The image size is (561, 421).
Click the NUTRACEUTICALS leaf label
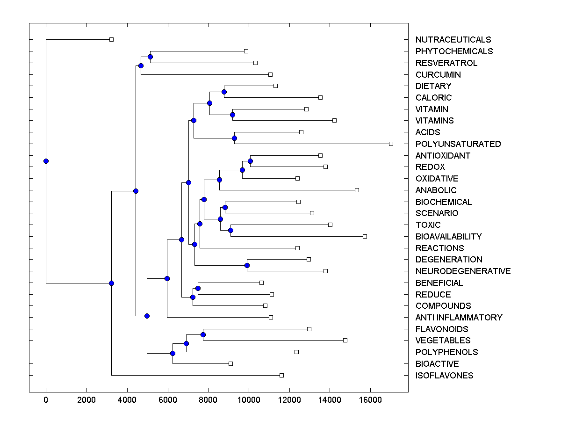click(x=453, y=40)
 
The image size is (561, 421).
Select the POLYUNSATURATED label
click(x=458, y=144)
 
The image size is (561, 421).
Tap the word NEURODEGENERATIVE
click(x=463, y=271)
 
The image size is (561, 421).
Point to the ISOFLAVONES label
click(x=444, y=376)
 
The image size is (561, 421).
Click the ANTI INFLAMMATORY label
click(x=459, y=318)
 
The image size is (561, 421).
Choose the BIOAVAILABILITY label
click(x=448, y=237)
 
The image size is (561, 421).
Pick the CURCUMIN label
click(x=438, y=75)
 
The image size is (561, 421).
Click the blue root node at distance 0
click(x=46, y=161)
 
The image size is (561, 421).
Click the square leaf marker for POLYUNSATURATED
click(x=391, y=144)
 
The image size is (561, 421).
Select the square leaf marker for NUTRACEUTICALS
click(x=111, y=39)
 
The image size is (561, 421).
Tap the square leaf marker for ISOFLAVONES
click(x=281, y=375)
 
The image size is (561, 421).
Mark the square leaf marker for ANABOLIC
click(x=357, y=190)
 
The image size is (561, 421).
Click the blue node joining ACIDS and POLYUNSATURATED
click(x=234, y=138)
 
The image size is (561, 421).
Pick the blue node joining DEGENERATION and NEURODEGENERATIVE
click(x=247, y=265)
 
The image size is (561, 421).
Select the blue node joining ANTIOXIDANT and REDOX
click(x=250, y=161)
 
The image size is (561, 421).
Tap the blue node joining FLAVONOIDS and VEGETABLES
click(x=203, y=334)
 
